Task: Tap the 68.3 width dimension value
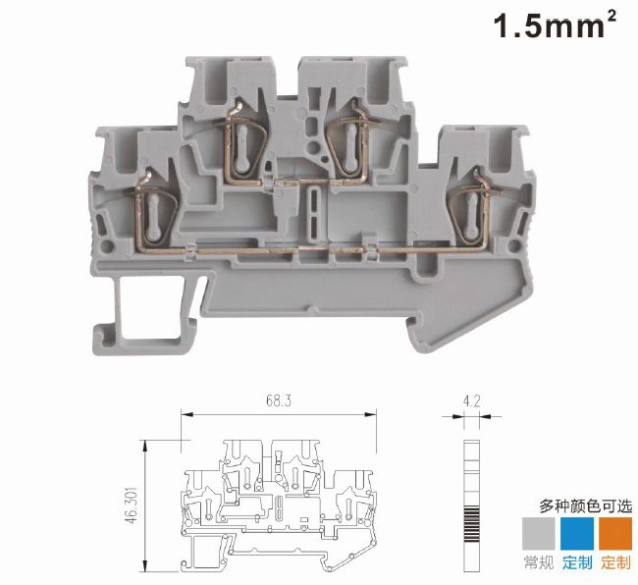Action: pyautogui.click(x=279, y=401)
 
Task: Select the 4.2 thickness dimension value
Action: pyautogui.click(x=471, y=401)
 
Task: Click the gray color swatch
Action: pyautogui.click(x=538, y=533)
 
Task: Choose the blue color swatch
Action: pyautogui.click(x=577, y=533)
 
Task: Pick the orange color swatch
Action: pyautogui.click(x=615, y=533)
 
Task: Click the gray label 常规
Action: pyautogui.click(x=539, y=562)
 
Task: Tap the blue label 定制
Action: pyautogui.click(x=577, y=562)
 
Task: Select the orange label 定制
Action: pyautogui.click(x=616, y=562)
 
